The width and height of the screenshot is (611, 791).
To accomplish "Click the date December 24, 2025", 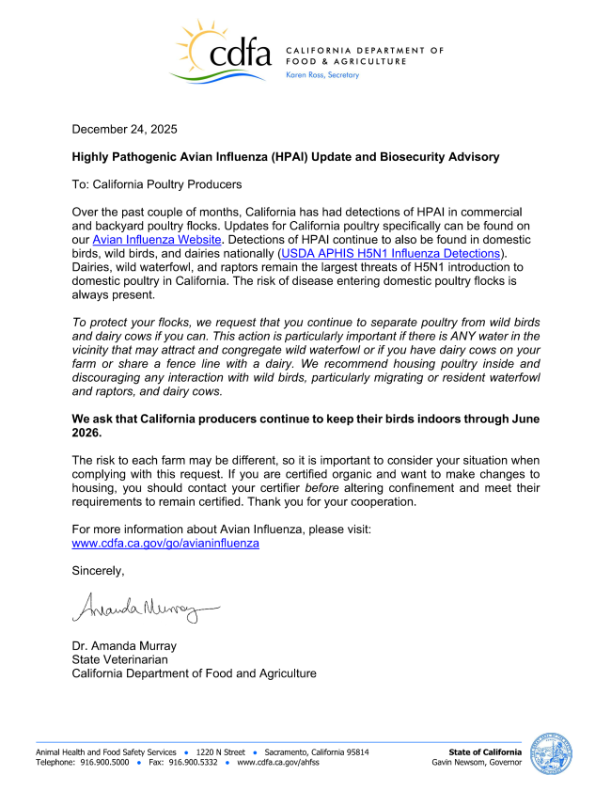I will coord(125,129).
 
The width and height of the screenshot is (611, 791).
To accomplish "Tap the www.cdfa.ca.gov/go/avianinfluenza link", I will coord(165,543).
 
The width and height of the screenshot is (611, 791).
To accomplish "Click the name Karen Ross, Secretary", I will coord(321,75).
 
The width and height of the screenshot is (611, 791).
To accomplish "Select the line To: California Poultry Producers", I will coord(157,184).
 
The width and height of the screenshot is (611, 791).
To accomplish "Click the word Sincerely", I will coord(99,570).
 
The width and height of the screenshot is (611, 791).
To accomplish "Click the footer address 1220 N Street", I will coord(222,752).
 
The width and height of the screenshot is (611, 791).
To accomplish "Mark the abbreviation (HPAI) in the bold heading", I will coord(303,157).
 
